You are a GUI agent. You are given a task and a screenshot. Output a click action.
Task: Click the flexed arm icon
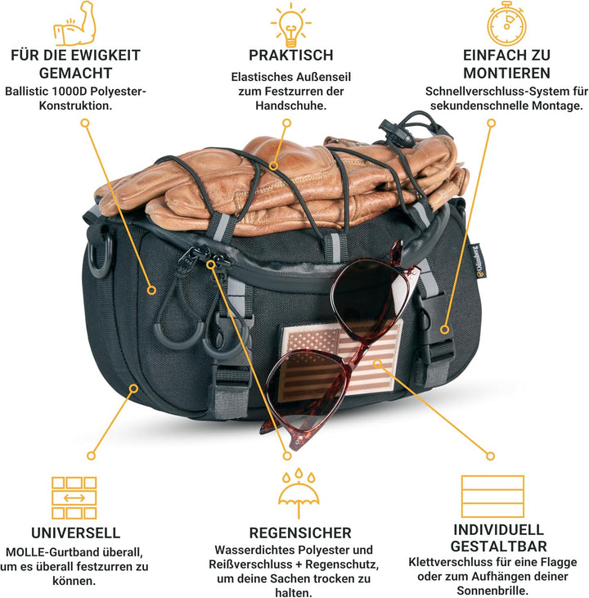coord(74,25)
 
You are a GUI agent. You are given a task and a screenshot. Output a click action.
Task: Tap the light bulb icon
coord(291,23)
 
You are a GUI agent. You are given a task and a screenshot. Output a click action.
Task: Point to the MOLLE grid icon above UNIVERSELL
coord(74,496)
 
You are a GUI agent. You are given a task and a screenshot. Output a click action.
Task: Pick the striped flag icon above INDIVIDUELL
coord(492,496)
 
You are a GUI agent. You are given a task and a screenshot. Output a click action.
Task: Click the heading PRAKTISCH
coord(291,56)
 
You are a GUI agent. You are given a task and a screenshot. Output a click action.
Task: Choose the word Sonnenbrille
coord(492,591)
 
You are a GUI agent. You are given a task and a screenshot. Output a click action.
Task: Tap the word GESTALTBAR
coord(492,546)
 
